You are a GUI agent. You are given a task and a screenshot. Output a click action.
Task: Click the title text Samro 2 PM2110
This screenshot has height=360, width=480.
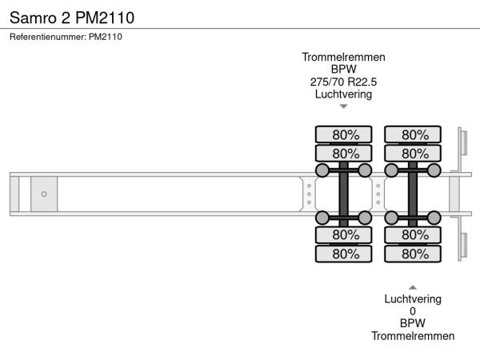pyautogui.click(x=71, y=16)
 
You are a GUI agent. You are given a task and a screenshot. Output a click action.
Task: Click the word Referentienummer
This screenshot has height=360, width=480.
pyautogui.click(x=46, y=37)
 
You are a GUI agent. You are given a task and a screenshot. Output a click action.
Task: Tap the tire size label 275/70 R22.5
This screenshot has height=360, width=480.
pyautogui.click(x=343, y=82)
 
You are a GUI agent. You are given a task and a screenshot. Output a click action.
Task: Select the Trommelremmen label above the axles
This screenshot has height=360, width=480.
pyautogui.click(x=343, y=57)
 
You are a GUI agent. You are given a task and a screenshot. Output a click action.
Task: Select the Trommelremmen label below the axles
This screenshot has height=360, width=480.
pyautogui.click(x=413, y=336)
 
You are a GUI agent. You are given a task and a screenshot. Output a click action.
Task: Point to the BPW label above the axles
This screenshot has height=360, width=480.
pyautogui.click(x=343, y=70)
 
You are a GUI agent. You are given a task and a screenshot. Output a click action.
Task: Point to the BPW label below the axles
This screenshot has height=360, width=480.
pyautogui.click(x=413, y=324)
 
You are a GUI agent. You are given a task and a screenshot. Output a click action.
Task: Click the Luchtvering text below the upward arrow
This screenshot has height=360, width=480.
pyautogui.click(x=413, y=299)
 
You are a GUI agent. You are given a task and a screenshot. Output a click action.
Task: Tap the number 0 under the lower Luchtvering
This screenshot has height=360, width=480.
pyautogui.click(x=413, y=311)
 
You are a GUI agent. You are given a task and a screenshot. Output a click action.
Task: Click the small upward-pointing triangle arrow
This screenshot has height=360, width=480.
pyautogui.click(x=413, y=286)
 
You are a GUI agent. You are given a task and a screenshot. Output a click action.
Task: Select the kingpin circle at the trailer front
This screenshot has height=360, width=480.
pyautogui.click(x=44, y=194)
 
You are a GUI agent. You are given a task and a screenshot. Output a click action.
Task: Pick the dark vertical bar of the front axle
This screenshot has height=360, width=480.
pyautogui.click(x=344, y=194)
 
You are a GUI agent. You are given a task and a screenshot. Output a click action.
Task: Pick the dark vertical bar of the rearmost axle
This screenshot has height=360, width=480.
pyautogui.click(x=413, y=194)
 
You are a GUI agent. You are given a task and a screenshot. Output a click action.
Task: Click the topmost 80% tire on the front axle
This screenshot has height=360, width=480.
pyautogui.click(x=344, y=134)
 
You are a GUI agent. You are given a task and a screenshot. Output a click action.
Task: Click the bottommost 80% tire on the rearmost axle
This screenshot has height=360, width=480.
pyautogui.click(x=413, y=254)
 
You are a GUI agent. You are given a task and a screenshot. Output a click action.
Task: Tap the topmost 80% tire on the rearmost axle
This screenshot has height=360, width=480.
pyautogui.click(x=413, y=134)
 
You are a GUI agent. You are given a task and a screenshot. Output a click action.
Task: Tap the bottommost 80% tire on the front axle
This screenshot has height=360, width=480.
pyautogui.click(x=344, y=254)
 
